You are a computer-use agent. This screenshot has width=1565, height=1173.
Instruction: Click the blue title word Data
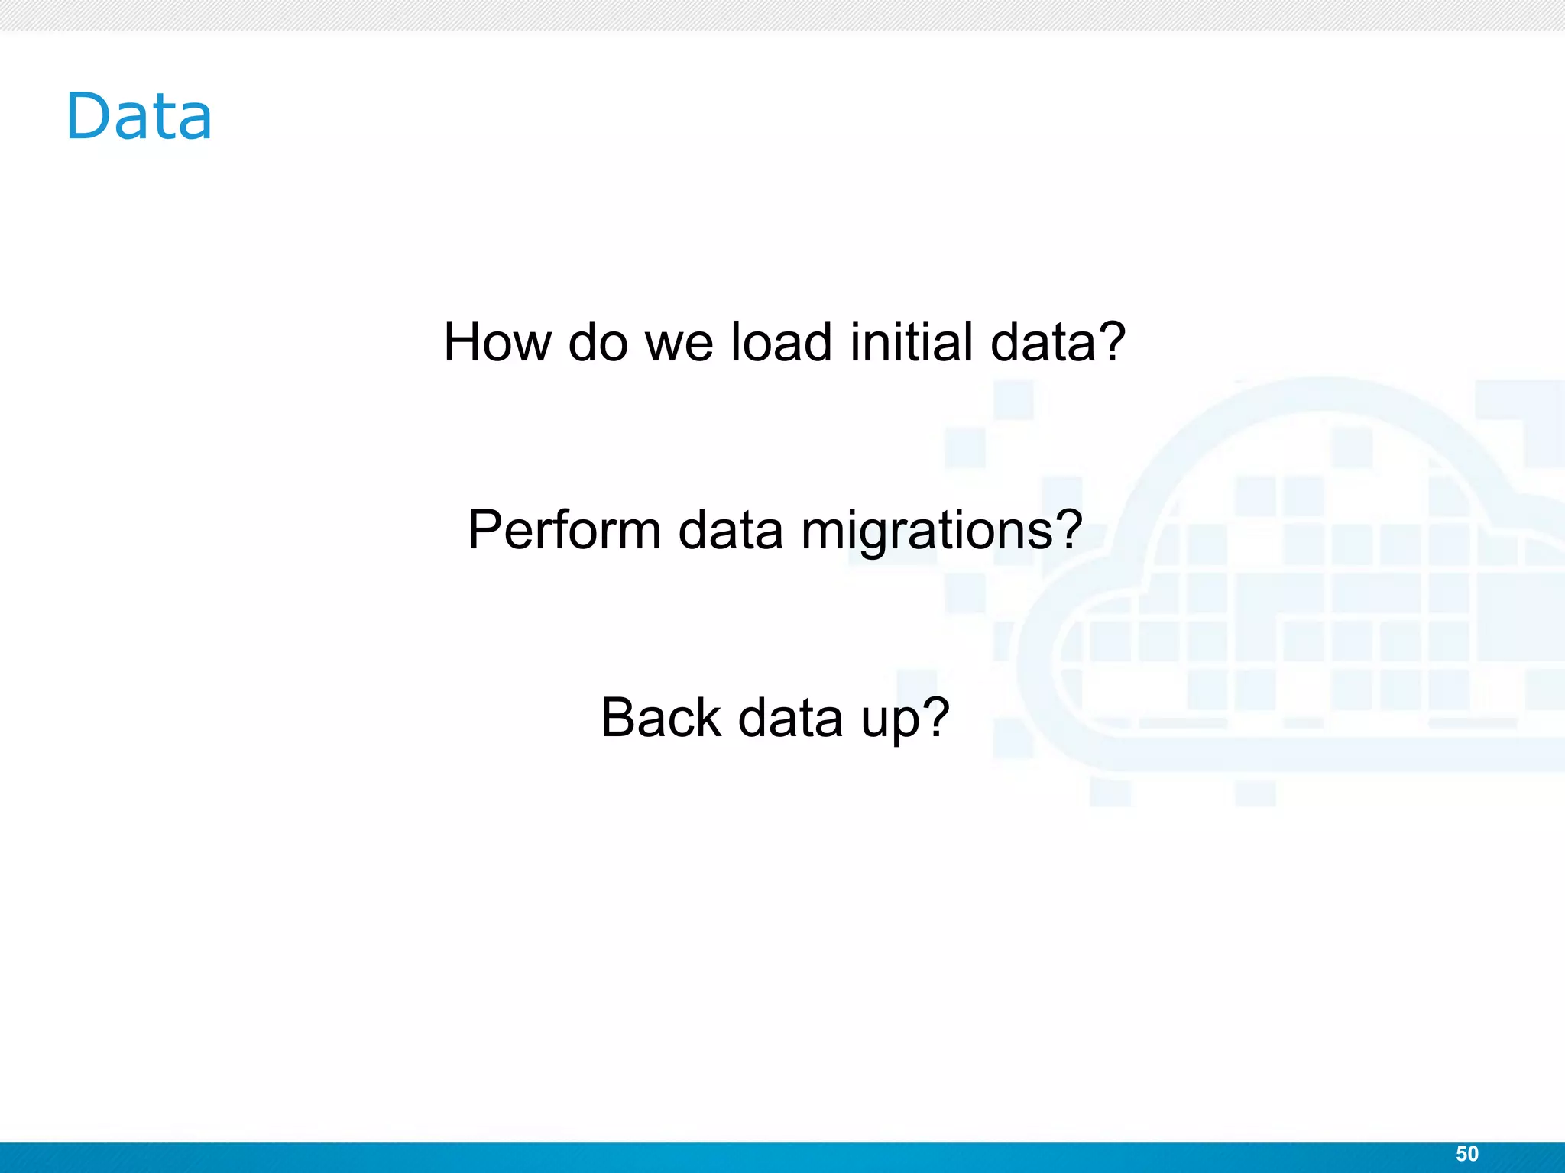pyautogui.click(x=139, y=116)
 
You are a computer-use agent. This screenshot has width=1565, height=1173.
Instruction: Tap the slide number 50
pyautogui.click(x=1466, y=1154)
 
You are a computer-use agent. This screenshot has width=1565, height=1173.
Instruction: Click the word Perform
pyautogui.click(x=564, y=529)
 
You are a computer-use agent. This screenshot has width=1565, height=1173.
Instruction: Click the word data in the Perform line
pyautogui.click(x=731, y=529)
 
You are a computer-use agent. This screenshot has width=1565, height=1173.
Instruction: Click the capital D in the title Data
pyautogui.click(x=89, y=116)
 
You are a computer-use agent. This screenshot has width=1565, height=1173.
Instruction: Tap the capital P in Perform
pyautogui.click(x=485, y=529)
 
